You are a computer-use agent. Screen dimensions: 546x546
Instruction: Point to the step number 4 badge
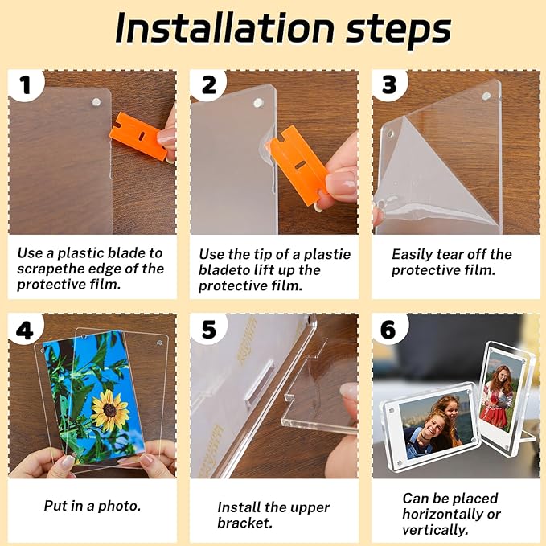(26, 330)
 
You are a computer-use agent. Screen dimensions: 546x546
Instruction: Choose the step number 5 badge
(207, 330)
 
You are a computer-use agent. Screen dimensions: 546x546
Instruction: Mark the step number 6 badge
(389, 330)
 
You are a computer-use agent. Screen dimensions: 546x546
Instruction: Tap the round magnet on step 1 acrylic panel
(96, 102)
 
